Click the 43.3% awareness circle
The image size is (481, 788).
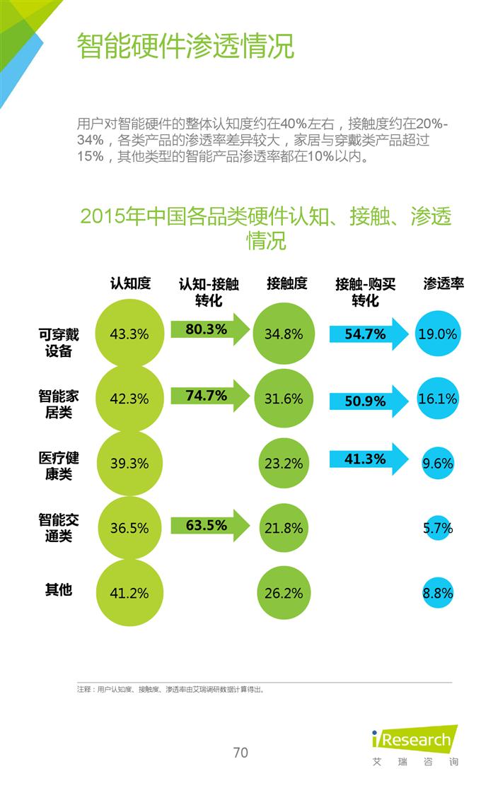[129, 334]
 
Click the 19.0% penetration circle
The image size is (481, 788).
[437, 334]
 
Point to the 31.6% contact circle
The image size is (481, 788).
[284, 399]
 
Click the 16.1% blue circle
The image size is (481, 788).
[437, 399]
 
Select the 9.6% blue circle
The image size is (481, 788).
[437, 464]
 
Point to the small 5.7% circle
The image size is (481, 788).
[437, 528]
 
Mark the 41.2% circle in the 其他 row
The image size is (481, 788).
[129, 593]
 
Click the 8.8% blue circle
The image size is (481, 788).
[437, 593]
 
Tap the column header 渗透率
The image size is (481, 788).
[444, 283]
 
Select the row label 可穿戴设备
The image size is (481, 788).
[59, 342]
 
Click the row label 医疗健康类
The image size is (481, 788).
[59, 466]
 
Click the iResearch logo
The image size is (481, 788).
[414, 740]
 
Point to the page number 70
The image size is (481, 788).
[240, 752]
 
